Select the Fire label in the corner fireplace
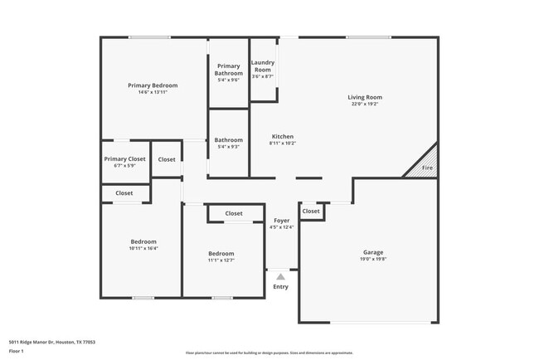click(427, 168)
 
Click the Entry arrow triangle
click(281, 277)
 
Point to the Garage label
click(373, 252)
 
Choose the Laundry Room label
click(263, 66)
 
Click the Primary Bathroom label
click(228, 70)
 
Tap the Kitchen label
click(283, 137)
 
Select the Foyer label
click(282, 221)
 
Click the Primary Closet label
click(124, 158)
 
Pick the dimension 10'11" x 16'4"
click(143, 248)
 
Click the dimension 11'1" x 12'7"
click(221, 260)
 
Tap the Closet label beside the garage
click(311, 212)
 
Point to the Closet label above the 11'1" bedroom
click(234, 213)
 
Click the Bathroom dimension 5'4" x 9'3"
click(230, 147)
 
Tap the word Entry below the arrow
click(281, 287)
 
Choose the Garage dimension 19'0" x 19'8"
click(373, 259)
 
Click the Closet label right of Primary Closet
click(167, 159)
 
